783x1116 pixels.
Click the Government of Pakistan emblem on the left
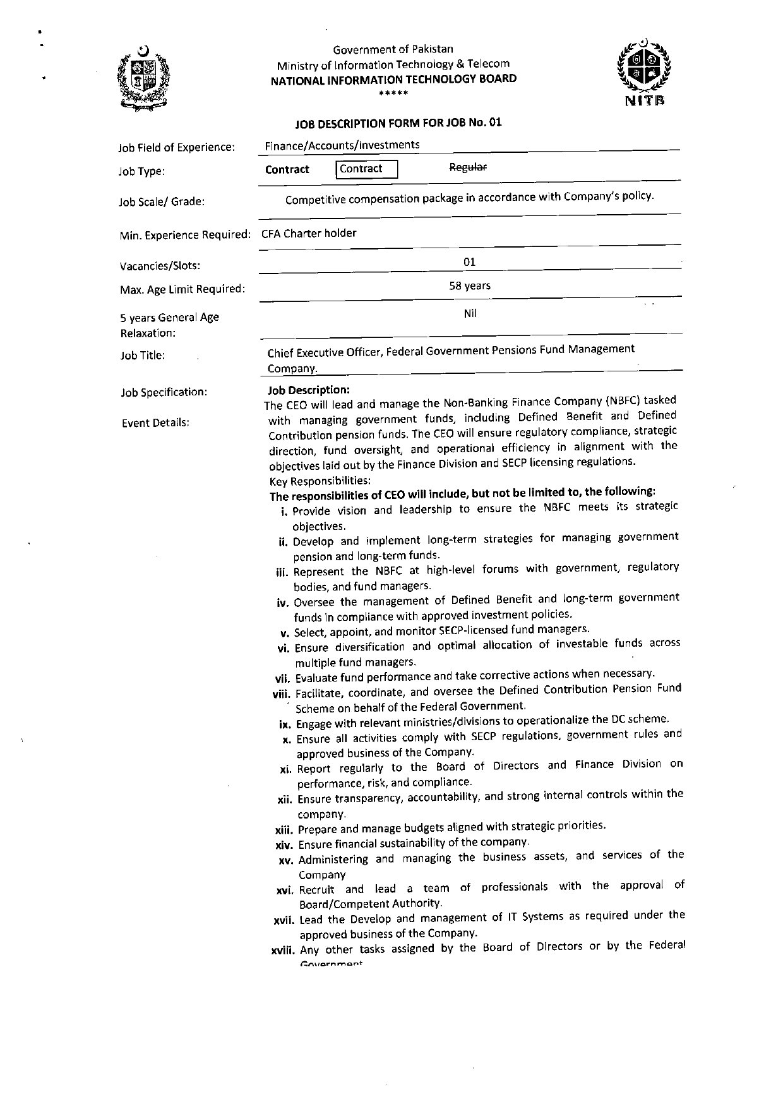tap(144, 80)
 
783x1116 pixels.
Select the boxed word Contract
tap(366, 169)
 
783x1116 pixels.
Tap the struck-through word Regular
tap(467, 167)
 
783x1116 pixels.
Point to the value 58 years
tap(469, 285)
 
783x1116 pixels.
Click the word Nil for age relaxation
tap(470, 313)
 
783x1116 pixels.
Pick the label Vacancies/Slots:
tap(160, 266)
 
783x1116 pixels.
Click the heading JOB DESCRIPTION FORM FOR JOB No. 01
tap(398, 123)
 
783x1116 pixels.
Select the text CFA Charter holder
tap(309, 233)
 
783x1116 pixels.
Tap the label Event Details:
tap(155, 423)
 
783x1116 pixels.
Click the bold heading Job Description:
tap(308, 390)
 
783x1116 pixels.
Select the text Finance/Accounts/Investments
tap(342, 145)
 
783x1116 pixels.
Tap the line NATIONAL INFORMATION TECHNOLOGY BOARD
tap(393, 79)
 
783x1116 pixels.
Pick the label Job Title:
tap(143, 356)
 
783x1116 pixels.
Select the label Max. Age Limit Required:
tap(182, 289)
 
